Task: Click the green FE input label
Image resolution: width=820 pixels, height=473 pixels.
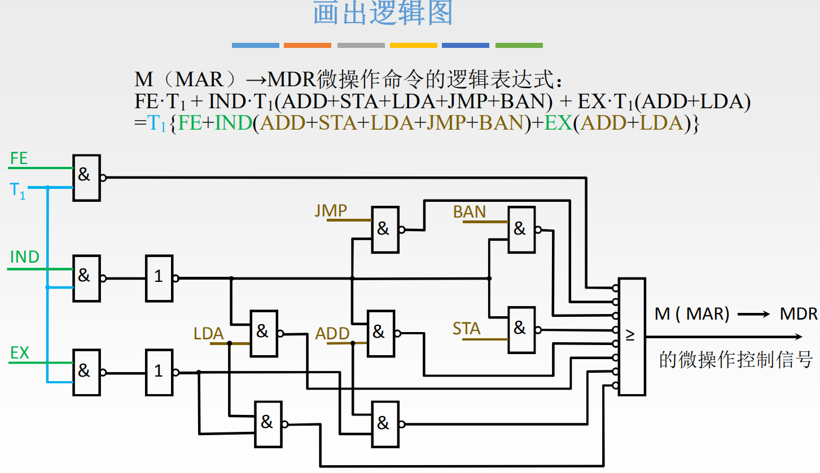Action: tap(19, 158)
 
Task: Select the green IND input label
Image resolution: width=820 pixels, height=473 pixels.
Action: tap(25, 258)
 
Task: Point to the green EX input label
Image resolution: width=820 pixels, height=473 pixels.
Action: tap(20, 353)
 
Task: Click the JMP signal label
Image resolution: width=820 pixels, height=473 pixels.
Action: tap(331, 211)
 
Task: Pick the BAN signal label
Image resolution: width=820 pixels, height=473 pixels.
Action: tap(470, 212)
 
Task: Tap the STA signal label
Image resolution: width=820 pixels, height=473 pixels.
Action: tap(467, 329)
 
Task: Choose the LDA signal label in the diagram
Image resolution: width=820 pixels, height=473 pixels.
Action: tap(209, 334)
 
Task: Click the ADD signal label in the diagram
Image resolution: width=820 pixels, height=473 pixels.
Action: tap(332, 334)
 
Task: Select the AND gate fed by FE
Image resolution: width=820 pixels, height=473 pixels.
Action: tap(86, 178)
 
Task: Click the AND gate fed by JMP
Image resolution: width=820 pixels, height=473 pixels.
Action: tap(385, 229)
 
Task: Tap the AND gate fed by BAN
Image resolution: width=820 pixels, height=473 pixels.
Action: tap(521, 229)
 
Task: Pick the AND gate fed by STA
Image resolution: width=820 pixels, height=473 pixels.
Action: tap(521, 330)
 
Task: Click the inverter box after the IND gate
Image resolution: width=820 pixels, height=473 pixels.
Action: tap(160, 277)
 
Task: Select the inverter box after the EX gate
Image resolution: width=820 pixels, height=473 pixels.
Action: tap(160, 372)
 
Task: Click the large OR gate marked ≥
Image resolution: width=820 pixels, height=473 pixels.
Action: tap(632, 337)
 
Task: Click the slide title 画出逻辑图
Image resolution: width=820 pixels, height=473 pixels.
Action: tap(383, 14)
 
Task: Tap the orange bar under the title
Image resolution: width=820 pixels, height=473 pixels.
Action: tap(307, 45)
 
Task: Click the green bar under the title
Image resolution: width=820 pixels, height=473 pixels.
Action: tap(519, 45)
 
